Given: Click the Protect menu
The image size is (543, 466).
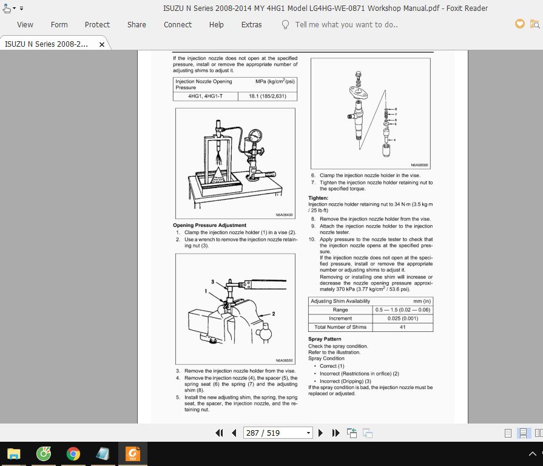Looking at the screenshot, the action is pyautogui.click(x=97, y=25).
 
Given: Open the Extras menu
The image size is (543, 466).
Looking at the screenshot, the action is pyautogui.click(x=251, y=25).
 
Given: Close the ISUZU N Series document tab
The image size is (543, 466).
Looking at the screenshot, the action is pyautogui.click(x=102, y=44).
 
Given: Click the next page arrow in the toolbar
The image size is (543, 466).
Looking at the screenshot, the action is pyautogui.click(x=320, y=433).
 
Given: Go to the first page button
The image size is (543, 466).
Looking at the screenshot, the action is pyautogui.click(x=219, y=433).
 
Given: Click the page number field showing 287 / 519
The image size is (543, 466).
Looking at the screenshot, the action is pyautogui.click(x=274, y=433).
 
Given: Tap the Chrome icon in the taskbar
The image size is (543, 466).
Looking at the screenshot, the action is pyautogui.click(x=73, y=453).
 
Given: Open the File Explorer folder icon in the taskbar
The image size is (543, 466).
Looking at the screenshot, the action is pyautogui.click(x=14, y=453).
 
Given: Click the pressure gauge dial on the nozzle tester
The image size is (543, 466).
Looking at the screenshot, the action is pyautogui.click(x=255, y=135).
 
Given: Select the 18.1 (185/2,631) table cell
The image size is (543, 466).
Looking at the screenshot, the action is pyautogui.click(x=268, y=96).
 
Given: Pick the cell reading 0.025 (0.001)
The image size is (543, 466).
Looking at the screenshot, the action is pyautogui.click(x=403, y=319).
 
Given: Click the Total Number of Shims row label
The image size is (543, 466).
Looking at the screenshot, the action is pyautogui.click(x=340, y=327).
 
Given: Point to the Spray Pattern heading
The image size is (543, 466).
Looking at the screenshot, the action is pyautogui.click(x=325, y=339).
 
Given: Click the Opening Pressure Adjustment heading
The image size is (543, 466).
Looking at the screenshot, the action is pyautogui.click(x=209, y=225).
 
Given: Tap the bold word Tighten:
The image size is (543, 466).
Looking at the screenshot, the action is pyautogui.click(x=319, y=198).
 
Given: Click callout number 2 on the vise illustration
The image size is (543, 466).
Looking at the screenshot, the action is pyautogui.click(x=273, y=314).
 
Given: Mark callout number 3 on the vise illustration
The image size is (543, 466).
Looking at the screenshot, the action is pyautogui.click(x=212, y=282).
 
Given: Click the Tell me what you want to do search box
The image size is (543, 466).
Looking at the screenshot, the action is pyautogui.click(x=346, y=25).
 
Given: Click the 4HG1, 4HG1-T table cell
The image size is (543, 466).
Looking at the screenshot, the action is pyautogui.click(x=205, y=96).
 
